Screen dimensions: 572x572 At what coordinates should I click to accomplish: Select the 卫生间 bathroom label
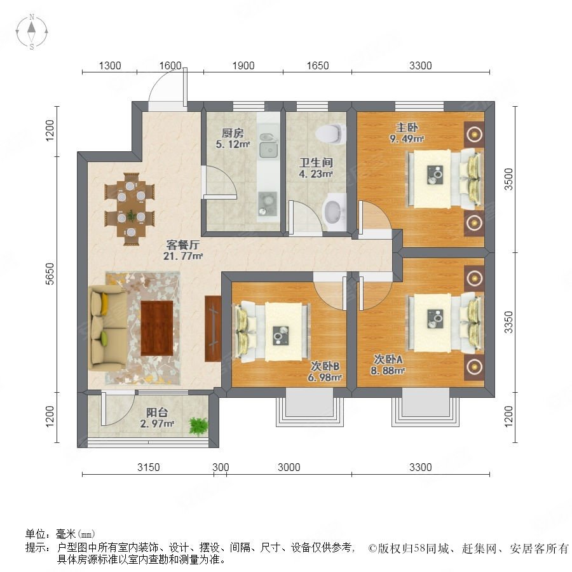click(x=317, y=162)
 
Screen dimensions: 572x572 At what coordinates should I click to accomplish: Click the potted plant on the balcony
click(x=199, y=425)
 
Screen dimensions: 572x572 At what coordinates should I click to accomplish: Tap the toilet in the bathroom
click(x=330, y=133)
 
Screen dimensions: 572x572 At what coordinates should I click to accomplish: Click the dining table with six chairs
click(x=130, y=205)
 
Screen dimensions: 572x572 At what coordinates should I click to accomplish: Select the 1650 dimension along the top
click(x=318, y=65)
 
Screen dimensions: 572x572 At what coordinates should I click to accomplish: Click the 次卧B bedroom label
click(x=325, y=366)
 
